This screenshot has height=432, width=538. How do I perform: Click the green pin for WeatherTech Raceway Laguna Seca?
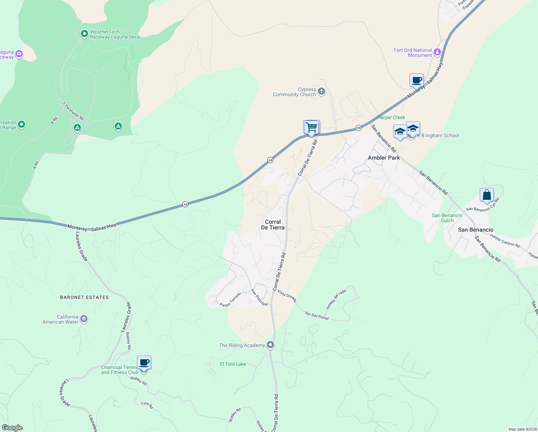click(x=85, y=34)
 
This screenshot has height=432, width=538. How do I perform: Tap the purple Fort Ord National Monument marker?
click(x=437, y=52)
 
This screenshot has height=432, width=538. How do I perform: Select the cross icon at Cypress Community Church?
click(x=322, y=91)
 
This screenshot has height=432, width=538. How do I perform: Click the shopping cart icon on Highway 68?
click(x=311, y=127)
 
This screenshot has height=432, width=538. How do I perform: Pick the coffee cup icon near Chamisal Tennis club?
click(x=144, y=363)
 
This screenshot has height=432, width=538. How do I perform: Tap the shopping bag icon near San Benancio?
click(x=487, y=195)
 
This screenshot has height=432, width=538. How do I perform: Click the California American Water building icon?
click(x=84, y=319)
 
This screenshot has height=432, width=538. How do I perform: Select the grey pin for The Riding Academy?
click(x=270, y=345)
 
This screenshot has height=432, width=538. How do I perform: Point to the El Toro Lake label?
click(x=233, y=364)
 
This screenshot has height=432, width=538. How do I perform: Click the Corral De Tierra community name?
click(x=273, y=225)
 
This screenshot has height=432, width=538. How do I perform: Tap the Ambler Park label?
click(x=384, y=158)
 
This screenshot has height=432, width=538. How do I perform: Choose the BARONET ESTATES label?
click(x=85, y=297)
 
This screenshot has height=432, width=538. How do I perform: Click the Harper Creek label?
click(x=391, y=117)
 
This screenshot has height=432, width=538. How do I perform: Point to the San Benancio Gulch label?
click(x=447, y=218)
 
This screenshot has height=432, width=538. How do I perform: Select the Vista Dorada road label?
click(x=287, y=296)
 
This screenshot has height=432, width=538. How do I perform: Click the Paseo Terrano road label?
click(x=230, y=300)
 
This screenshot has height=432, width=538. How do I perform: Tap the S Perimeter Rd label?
click(x=73, y=111)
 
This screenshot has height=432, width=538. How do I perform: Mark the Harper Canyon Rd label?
click(x=505, y=241)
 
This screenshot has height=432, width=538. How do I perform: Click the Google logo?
click(x=12, y=428)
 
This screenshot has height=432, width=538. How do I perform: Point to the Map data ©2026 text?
click(x=523, y=429)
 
